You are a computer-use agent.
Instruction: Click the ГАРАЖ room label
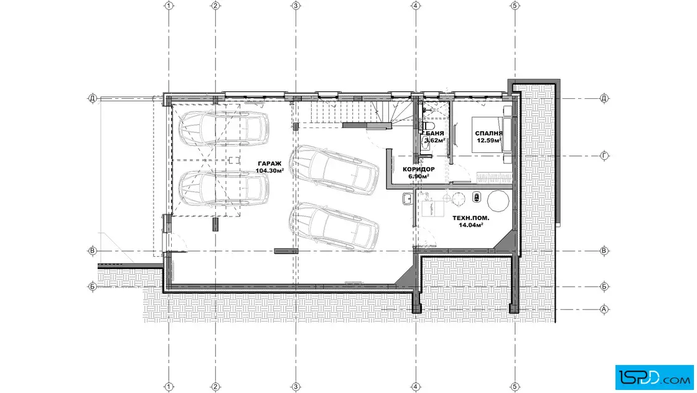pyautogui.click(x=269, y=164)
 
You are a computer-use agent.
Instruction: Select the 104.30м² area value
pyautogui.click(x=269, y=170)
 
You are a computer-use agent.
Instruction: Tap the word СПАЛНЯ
pyautogui.click(x=489, y=133)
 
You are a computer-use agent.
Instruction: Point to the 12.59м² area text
pyautogui.click(x=489, y=141)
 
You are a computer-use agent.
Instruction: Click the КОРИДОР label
pyautogui.click(x=419, y=169)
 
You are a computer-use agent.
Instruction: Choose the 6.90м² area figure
pyautogui.click(x=419, y=177)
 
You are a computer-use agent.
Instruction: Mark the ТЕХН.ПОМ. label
pyautogui.click(x=470, y=218)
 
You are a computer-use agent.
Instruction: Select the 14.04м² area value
pyautogui.click(x=470, y=225)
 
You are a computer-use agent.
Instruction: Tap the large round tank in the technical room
pyautogui.click(x=498, y=201)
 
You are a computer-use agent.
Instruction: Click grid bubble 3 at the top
pyautogui.click(x=296, y=6)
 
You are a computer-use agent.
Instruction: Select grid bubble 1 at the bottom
pyautogui.click(x=169, y=387)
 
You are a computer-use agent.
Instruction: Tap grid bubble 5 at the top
pyautogui.click(x=515, y=6)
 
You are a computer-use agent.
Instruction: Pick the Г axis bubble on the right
pyautogui.click(x=604, y=156)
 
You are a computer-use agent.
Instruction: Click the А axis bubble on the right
pyautogui.click(x=604, y=309)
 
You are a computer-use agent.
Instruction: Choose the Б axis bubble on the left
pyautogui.click(x=93, y=287)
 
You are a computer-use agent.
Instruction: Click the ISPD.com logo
pyautogui.click(x=654, y=377)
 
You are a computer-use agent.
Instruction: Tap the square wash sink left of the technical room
pyautogui.click(x=408, y=199)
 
